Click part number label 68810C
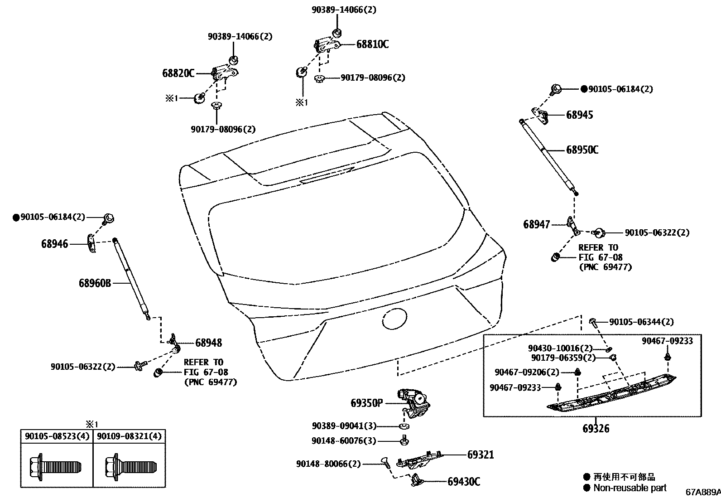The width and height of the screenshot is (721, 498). point(372,44)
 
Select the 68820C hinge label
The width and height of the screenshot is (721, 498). point(178,73)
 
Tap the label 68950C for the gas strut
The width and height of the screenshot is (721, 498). point(582,150)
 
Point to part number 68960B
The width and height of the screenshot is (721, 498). point(95,283)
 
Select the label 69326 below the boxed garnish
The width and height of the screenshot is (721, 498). point(596,428)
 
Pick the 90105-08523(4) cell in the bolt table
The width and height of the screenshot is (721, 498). point(57,436)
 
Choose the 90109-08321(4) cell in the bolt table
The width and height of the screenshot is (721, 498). point(129,436)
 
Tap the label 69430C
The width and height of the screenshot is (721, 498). point(463,482)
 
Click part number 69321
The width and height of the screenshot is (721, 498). point(481,454)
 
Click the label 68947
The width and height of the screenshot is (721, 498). point(536,224)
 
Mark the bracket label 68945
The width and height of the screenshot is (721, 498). point(579,115)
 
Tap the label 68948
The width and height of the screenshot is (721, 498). point(208,343)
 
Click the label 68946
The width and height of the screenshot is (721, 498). point(54,244)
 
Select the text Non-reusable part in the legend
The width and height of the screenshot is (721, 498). point(630,488)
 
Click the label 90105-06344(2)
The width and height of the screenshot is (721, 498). point(641,322)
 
